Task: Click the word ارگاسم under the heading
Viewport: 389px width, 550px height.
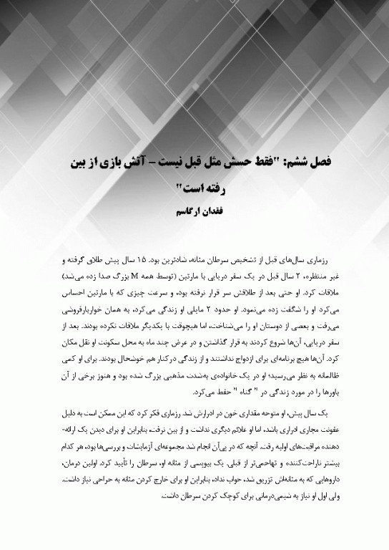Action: (x=178, y=212)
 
